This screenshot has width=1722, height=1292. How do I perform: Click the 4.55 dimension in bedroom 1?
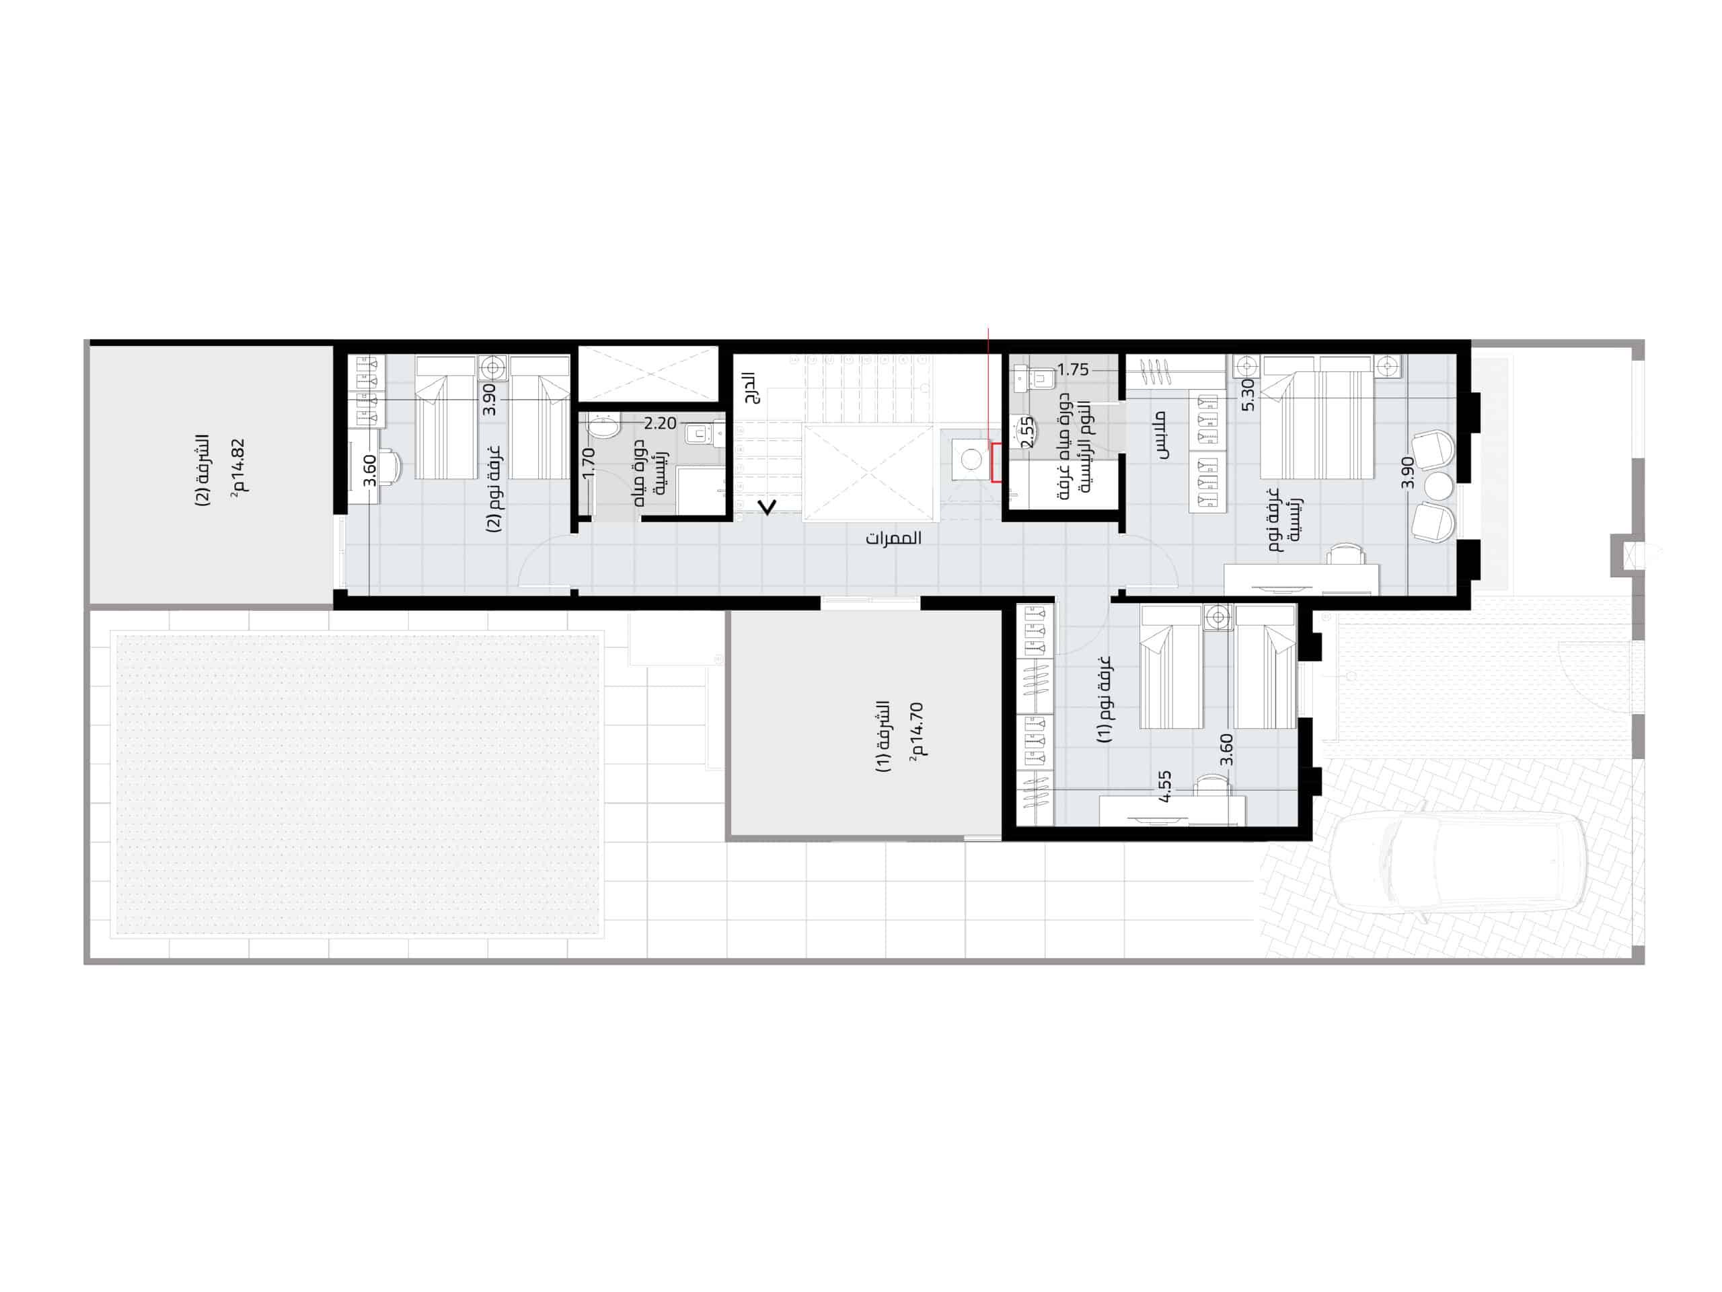pyautogui.click(x=1164, y=787)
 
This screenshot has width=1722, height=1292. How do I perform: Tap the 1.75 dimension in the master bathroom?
pyautogui.click(x=1073, y=370)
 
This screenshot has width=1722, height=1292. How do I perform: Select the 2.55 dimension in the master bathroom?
pyautogui.click(x=1028, y=432)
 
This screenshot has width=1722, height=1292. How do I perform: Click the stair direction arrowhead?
pyautogui.click(x=768, y=508)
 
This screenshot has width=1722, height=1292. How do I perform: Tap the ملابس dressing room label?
pyautogui.click(x=1162, y=435)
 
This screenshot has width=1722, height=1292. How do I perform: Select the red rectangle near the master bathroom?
pyautogui.click(x=996, y=462)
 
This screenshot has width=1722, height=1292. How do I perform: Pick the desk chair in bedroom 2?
pyautogui.click(x=390, y=466)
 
